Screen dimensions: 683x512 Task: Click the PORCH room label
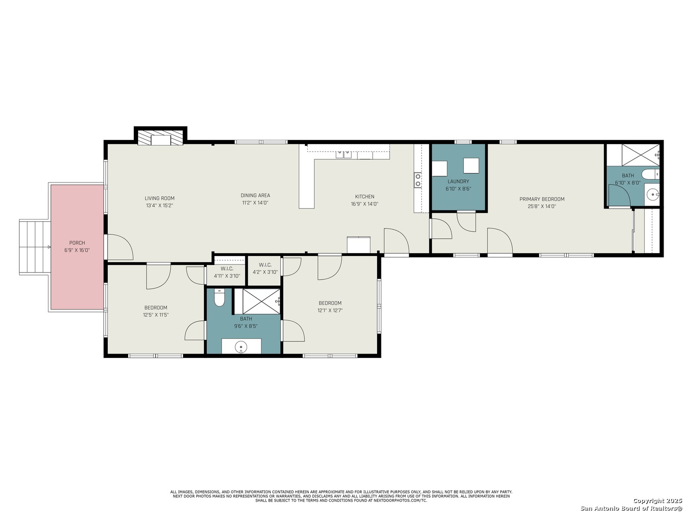77,243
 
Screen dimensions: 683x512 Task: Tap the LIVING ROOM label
159,198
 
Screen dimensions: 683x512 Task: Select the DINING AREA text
255,195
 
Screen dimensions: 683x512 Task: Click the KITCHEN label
364,197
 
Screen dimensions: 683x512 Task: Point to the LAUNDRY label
458,182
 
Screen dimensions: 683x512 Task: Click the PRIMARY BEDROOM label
542,199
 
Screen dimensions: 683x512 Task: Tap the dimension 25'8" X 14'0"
542,206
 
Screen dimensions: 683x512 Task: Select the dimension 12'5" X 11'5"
156,315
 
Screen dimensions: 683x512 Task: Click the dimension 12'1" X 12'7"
330,310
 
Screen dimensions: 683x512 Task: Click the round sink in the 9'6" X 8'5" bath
241,346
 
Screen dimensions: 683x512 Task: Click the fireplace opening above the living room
161,140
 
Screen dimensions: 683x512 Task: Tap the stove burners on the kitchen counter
417,180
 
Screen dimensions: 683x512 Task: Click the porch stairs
35,247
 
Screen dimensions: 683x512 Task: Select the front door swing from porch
120,247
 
